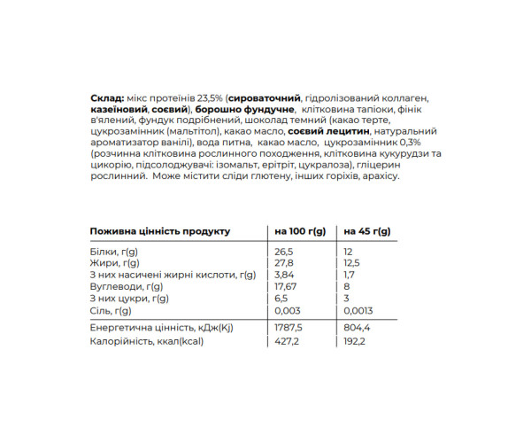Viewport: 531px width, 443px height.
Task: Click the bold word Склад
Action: click(107, 97)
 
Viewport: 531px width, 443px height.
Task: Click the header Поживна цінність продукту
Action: click(160, 231)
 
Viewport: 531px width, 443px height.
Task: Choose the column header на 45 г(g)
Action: click(367, 231)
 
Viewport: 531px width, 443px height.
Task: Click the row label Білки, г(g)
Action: click(114, 252)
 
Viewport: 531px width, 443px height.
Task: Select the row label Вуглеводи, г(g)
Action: click(126, 287)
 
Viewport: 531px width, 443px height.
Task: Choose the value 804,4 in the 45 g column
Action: click(357, 328)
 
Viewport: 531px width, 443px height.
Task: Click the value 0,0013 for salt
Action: click(358, 311)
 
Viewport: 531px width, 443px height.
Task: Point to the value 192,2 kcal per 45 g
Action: click(355, 344)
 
